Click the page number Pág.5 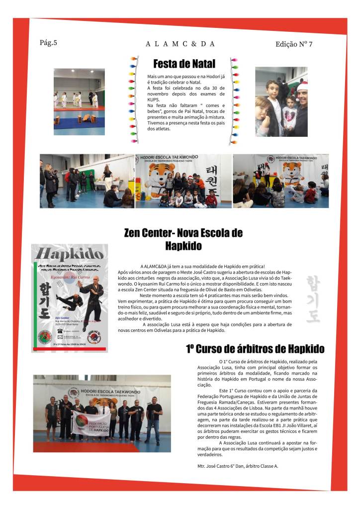tap(48, 42)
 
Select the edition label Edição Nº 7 tap(293, 44)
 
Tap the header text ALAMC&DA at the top tap(180, 44)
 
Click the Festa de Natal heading tap(184, 64)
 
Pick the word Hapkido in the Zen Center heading tap(183, 245)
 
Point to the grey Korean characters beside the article tap(313, 299)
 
